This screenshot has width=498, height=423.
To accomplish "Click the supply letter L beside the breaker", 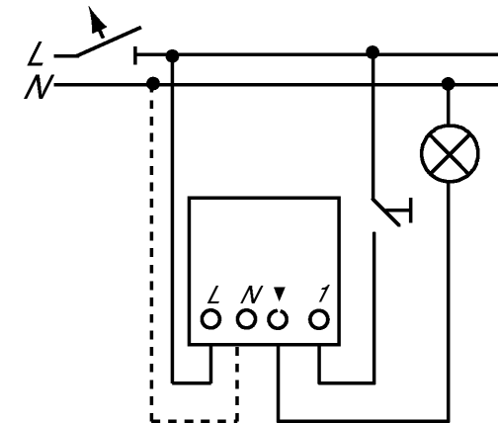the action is tap(36, 53).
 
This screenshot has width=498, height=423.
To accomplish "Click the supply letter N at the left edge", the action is tap(39, 87).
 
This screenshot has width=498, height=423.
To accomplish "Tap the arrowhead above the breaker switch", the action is tap(97, 21).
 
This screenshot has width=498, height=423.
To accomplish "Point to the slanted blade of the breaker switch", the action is tap(109, 42).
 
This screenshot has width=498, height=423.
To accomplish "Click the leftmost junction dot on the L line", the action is tap(172, 56).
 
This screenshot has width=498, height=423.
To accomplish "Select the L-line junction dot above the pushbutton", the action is tap(373, 52).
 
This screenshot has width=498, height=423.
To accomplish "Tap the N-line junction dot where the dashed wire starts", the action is tap(152, 83).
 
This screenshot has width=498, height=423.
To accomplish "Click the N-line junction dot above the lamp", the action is tap(449, 84).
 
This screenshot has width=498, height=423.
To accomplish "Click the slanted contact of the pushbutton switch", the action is tap(386, 212).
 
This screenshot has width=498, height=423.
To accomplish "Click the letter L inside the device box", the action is tap(214, 295).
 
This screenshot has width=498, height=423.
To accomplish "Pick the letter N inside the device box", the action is tap(252, 295).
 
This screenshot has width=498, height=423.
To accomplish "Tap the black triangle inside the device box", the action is tap(280, 294).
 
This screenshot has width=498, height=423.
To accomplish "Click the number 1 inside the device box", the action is tap(324, 294).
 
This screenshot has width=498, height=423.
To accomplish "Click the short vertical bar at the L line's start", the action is tap(135, 55).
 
